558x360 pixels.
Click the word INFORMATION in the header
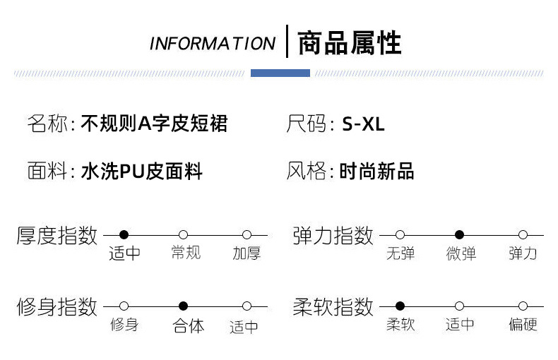(212, 43)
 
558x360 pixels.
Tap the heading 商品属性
(349, 42)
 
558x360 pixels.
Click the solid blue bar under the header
(280, 73)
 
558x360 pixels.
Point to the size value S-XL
(363, 125)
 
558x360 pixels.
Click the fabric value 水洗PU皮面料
(142, 171)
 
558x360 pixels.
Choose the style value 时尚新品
(376, 171)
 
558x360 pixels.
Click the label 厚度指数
(57, 235)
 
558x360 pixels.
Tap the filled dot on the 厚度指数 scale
(124, 234)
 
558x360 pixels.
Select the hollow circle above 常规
(183, 234)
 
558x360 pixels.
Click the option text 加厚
(247, 253)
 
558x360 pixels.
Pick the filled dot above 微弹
(459, 234)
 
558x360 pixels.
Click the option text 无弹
(400, 253)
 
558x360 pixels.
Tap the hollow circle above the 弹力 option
(523, 234)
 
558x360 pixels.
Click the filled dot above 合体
(183, 306)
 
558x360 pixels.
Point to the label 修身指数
(57, 307)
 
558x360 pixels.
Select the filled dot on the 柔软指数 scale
(400, 306)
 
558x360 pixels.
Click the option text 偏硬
(523, 325)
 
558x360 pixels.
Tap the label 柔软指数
(333, 307)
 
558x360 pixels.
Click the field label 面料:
(50, 171)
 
